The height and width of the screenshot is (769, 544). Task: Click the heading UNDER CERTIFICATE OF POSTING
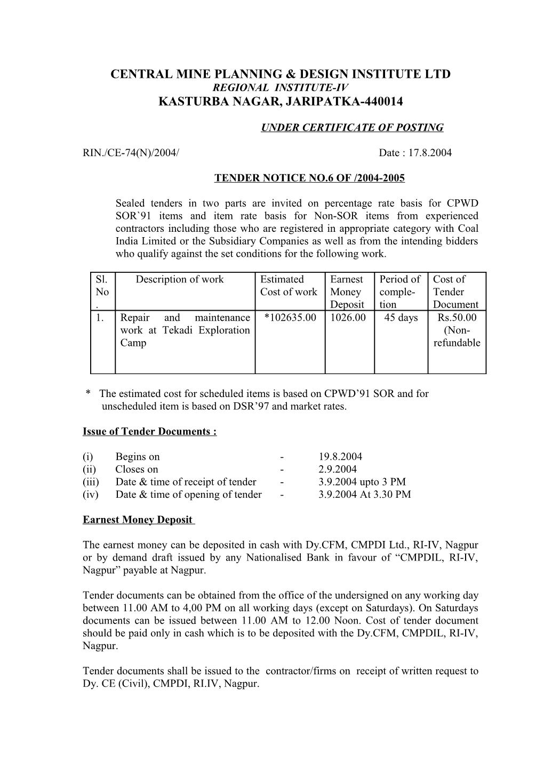[352, 127]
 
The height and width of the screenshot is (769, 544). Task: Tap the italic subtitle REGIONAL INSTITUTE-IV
[280, 87]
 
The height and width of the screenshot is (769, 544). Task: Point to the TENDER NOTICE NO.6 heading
[309, 178]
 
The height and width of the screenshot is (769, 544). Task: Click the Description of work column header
[180, 279]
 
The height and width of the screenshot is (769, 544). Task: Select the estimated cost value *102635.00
[290, 318]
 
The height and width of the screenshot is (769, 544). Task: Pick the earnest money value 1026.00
[348, 318]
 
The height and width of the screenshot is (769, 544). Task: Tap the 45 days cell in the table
[401, 318]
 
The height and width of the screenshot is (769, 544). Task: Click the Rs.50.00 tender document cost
[457, 318]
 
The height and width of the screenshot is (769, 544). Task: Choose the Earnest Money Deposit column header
[348, 292]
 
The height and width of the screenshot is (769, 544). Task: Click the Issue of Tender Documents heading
[149, 431]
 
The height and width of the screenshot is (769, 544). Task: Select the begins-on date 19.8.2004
[340, 457]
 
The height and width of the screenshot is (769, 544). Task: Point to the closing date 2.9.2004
[338, 470]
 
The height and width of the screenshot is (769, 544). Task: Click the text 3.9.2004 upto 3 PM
[362, 482]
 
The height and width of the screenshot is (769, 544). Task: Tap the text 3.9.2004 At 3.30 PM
[364, 495]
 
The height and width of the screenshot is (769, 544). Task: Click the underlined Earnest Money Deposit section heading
[138, 520]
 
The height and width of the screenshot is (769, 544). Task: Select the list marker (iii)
[91, 482]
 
